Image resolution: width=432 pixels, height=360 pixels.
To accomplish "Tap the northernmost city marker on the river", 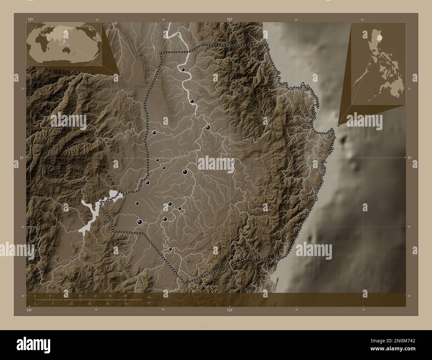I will click(x=183, y=70).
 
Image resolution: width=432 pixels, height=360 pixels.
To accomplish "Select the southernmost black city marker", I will click(x=170, y=249).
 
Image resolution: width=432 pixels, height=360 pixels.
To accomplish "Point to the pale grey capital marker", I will click(x=233, y=161).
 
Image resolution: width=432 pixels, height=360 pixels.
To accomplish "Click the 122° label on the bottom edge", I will click(x=230, y=310).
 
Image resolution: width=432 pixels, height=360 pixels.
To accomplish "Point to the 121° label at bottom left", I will click(x=30, y=310).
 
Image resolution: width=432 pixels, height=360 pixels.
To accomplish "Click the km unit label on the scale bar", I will click(x=149, y=297).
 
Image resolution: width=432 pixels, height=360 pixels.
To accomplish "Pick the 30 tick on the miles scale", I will click(x=126, y=304).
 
